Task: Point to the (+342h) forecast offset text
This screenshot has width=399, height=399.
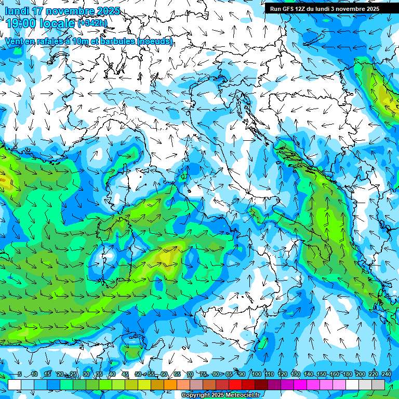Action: click(93, 23)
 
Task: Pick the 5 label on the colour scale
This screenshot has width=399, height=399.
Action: click(19, 374)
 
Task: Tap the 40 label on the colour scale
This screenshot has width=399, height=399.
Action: click(112, 374)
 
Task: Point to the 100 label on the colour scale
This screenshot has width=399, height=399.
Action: click(256, 374)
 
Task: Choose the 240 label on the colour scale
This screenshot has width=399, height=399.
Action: click(386, 374)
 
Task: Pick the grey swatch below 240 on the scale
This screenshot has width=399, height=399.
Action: click(378, 384)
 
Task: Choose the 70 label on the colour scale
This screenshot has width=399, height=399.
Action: click(190, 374)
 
